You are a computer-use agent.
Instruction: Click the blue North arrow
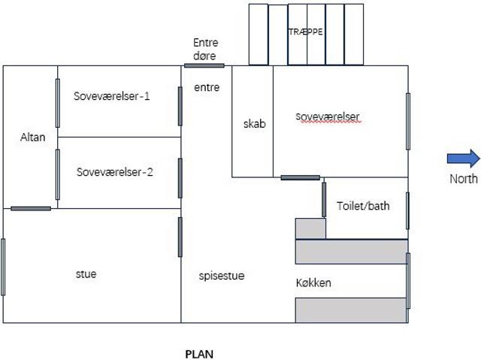[x=464, y=159]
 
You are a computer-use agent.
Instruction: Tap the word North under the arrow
[x=464, y=179]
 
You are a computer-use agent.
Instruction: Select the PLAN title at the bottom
[x=199, y=354]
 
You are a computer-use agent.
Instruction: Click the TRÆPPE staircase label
[x=306, y=32]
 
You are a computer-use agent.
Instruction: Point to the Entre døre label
[x=205, y=49]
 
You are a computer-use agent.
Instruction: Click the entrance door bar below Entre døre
[x=204, y=65]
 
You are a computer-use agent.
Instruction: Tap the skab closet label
[x=254, y=124]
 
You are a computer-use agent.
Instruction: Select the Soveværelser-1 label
[x=112, y=96]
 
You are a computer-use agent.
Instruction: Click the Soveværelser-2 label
[x=115, y=172]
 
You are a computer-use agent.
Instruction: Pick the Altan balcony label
[x=32, y=137]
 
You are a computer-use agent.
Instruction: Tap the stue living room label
[x=86, y=274]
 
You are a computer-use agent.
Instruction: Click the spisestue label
[x=222, y=276]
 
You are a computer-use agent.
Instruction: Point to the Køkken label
[x=313, y=283]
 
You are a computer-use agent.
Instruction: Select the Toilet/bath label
[x=363, y=206]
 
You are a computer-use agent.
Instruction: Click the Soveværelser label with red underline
[x=328, y=116]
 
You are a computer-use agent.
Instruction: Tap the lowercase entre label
[x=207, y=87]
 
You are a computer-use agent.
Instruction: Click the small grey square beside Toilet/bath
[x=310, y=228]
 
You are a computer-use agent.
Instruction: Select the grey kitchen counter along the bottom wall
[x=351, y=310]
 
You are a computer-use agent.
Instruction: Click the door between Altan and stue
[x=31, y=208]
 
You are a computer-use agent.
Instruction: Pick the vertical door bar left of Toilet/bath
[x=324, y=200]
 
